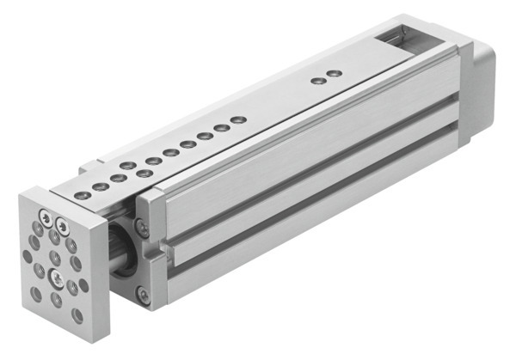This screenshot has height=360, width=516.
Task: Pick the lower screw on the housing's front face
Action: click(x=143, y=295)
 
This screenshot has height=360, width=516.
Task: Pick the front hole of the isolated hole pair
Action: click(x=318, y=81)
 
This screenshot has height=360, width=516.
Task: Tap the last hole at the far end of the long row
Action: click(x=239, y=119)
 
